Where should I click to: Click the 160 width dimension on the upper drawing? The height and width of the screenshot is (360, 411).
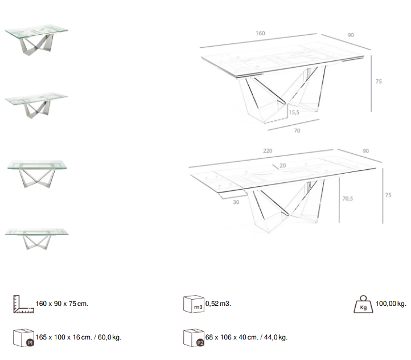coord(260,33)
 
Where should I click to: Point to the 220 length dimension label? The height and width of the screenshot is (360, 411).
coord(268,151)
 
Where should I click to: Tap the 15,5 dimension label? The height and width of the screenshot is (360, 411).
coord(294,113)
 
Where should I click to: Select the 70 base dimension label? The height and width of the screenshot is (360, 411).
coord(297,130)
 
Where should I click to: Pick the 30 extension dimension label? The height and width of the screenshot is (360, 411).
coord(236,202)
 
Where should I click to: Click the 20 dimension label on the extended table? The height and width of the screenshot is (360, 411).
coord(283,165)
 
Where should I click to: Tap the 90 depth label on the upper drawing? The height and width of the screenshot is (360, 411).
coord(351,35)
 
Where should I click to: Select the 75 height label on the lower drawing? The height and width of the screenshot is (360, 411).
coord(388,195)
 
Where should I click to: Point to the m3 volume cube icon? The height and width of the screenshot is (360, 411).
coord(194,305)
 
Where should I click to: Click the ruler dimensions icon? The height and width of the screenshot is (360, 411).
coord(22,304)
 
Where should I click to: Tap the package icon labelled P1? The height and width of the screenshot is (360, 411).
coord(22,337)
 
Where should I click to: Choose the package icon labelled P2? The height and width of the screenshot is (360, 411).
coord(194,337)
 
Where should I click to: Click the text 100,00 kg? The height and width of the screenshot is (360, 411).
coord(391,304)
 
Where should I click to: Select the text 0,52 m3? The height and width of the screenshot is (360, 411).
coord(218,304)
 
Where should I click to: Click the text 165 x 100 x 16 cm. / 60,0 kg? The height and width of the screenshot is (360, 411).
coord(79,337)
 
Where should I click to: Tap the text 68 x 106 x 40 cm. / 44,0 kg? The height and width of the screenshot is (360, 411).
coord(246,337)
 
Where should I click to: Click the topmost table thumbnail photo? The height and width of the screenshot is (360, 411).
coord(36,40)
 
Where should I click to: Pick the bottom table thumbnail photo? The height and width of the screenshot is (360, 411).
coord(37,237)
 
